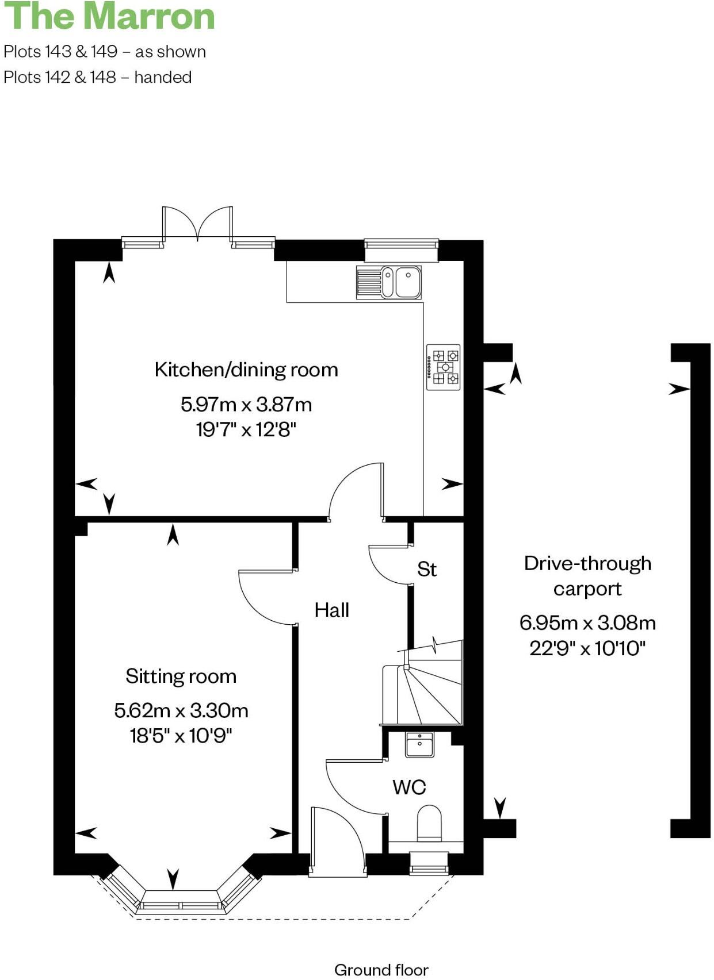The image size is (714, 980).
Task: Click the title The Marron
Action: coord(109,16)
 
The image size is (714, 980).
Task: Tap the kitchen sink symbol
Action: coord(389,282)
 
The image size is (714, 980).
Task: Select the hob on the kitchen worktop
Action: coord(443,367)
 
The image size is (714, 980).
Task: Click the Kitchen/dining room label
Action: coord(246,370)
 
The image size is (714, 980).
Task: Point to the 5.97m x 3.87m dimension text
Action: coord(246,405)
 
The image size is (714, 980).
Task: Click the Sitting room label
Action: coord(181,677)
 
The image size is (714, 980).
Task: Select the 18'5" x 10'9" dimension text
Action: coord(181,736)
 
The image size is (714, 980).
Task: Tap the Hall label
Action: coord(332,610)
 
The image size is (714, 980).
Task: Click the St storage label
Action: coord(427,570)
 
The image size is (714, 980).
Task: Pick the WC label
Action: coord(409,787)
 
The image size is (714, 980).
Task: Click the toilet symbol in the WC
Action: coord(429,823)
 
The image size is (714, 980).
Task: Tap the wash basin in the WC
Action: coord(420,745)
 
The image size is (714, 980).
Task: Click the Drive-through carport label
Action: coord(587,576)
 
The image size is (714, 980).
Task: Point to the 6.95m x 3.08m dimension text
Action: coord(587,622)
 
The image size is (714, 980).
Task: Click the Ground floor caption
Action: coord(381,970)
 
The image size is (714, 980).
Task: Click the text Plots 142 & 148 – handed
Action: coord(98,77)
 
